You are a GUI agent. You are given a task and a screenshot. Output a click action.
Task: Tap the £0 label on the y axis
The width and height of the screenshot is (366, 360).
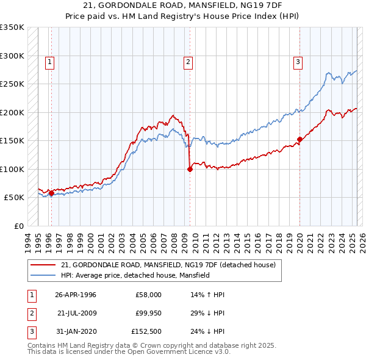click(x=18, y=226)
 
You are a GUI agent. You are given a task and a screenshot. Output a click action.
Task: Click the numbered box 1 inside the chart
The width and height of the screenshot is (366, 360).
click(x=49, y=61)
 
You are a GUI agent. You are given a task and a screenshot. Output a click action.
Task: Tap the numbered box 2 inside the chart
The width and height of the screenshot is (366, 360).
click(x=188, y=61)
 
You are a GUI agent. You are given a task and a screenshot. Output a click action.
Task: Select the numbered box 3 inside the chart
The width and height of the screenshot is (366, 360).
click(x=298, y=61)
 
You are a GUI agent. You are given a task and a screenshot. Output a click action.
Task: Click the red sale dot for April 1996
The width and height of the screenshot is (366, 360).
click(x=51, y=193)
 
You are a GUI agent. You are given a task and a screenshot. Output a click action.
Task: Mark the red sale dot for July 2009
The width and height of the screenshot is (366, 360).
click(x=190, y=170)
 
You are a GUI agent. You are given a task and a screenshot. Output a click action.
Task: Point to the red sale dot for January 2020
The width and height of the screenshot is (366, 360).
click(x=300, y=139)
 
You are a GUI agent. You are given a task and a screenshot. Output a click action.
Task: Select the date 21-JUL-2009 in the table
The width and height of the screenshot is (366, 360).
click(x=76, y=312)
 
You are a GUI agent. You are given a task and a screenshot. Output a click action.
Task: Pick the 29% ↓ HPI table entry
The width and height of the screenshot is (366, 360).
click(x=207, y=312)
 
